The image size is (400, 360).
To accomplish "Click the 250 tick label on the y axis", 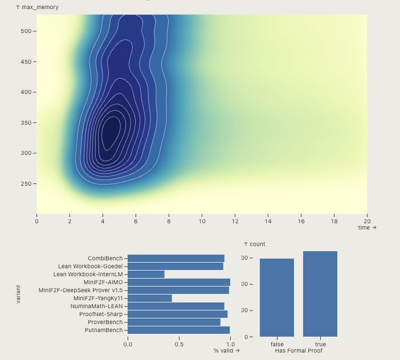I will click(26, 184).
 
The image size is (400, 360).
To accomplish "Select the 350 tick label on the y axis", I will click(26, 123).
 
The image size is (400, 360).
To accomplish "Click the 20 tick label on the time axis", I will click(367, 221).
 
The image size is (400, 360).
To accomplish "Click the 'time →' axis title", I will click(367, 228).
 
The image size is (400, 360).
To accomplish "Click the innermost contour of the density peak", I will click(110, 133).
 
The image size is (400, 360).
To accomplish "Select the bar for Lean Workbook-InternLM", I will click(146, 274).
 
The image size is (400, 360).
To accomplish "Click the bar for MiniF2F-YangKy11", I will click(149, 298).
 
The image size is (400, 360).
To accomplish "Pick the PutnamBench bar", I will click(178, 330).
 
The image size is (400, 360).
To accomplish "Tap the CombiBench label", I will click(105, 259).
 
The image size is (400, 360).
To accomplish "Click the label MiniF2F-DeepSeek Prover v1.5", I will click(80, 290).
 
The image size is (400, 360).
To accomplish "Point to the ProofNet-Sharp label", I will click(101, 314).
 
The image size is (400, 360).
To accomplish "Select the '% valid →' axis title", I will click(226, 350).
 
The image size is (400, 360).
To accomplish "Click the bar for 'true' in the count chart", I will click(320, 294).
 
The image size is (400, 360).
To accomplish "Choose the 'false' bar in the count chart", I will click(277, 297).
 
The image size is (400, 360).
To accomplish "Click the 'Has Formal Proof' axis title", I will click(299, 351).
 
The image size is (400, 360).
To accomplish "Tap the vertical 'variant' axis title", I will click(18, 294).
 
